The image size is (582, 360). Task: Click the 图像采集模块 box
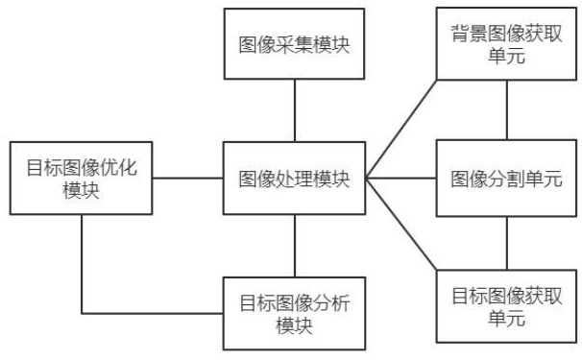pos(294,44)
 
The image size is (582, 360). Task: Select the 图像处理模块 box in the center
pos(294,179)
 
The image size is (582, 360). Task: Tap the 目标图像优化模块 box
pos(81,179)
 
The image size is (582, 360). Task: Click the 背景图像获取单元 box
pos(506,44)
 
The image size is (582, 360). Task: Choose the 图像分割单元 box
pos(506,179)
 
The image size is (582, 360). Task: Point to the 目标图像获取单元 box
pos(506,307)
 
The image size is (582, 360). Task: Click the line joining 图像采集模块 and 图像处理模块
pos(294,110)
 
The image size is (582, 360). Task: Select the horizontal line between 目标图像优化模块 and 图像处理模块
pos(188,179)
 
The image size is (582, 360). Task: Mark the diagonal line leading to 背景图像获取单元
pos(400,128)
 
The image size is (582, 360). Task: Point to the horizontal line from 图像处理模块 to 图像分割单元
pos(400,179)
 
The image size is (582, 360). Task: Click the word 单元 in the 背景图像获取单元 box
pos(506,55)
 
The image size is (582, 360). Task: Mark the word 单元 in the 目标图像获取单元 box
pos(506,318)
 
